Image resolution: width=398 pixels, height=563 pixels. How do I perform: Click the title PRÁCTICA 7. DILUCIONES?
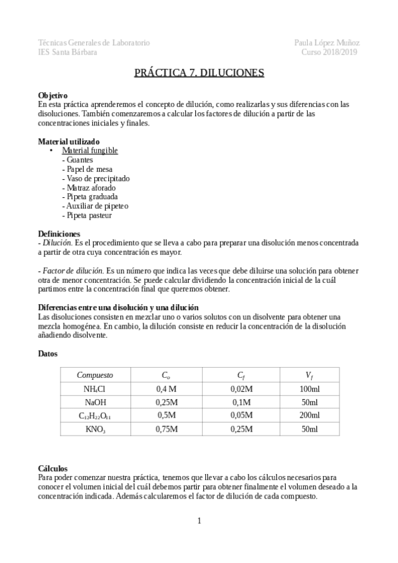point(199,71)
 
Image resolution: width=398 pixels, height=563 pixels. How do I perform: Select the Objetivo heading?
point(52,96)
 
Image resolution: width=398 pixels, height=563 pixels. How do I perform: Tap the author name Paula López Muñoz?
point(327,42)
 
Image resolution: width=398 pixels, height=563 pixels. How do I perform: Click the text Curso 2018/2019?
point(330,52)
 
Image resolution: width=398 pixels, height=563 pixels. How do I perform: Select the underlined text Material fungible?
point(90,151)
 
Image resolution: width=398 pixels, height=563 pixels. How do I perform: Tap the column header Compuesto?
point(94,374)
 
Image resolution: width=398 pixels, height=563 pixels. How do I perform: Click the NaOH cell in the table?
point(94,402)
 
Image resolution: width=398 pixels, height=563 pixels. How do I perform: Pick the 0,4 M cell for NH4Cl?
point(165,388)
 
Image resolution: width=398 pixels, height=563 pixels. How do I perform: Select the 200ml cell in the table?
point(310,416)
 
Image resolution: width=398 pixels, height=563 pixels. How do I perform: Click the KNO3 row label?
point(94,430)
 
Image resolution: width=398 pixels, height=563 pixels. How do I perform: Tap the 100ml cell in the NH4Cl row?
point(310,388)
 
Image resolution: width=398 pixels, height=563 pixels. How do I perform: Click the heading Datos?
point(49,354)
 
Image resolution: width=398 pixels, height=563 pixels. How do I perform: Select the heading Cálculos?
point(52,468)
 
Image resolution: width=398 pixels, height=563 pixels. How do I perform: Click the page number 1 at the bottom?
point(199,521)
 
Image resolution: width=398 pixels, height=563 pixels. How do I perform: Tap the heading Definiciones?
point(59,234)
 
